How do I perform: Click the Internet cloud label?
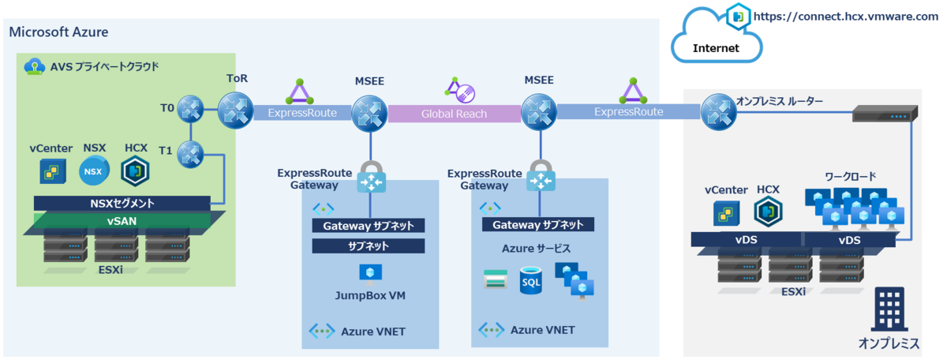tap(716, 48)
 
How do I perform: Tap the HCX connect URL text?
tap(845, 17)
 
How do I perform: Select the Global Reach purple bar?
tap(454, 114)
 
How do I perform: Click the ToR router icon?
tap(235, 111)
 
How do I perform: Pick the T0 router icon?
tap(190, 109)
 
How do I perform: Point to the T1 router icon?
tap(190, 155)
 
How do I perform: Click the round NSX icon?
tap(94, 171)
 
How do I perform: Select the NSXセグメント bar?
tap(122, 204)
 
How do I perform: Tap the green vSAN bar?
tap(122, 221)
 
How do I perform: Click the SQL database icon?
tap(530, 280)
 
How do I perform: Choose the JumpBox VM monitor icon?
tap(370, 274)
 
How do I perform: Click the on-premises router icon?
tap(719, 111)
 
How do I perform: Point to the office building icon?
tap(889, 309)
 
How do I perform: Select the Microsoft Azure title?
tap(58, 32)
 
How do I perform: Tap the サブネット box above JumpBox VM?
tap(369, 246)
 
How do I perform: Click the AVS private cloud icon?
tap(34, 66)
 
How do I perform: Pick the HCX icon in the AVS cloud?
tap(135, 171)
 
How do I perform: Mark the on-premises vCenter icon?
tap(727, 213)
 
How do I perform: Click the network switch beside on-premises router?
tap(885, 114)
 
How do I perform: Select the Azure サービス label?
tap(536, 249)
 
